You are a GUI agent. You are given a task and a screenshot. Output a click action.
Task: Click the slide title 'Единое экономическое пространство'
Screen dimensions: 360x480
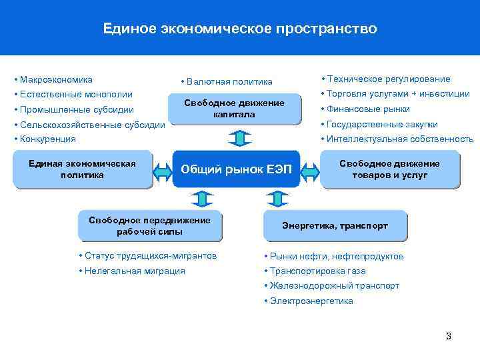[240, 29]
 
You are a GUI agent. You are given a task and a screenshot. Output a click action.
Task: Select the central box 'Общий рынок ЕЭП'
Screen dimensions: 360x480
[236, 169]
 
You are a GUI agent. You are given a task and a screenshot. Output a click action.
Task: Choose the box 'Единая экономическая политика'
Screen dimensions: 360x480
[82, 169]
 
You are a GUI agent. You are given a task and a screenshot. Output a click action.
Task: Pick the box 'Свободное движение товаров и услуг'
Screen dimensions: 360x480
[389, 169]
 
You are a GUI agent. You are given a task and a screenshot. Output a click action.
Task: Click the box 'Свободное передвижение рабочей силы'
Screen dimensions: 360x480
[149, 226]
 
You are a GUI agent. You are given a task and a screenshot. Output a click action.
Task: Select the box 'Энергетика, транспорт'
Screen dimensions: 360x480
[335, 226]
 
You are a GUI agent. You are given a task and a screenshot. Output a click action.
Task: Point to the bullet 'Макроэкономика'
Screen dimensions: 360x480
[56, 79]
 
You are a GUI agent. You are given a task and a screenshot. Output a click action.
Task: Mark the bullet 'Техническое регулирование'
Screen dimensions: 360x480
[387, 79]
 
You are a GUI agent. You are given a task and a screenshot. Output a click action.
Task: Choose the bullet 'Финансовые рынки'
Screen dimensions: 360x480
[367, 109]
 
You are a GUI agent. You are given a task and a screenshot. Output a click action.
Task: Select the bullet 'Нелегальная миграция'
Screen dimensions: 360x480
[134, 271]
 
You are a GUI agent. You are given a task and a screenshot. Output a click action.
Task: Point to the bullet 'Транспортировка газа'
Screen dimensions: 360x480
[317, 271]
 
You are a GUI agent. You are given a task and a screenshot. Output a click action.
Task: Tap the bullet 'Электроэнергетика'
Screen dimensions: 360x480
[311, 301]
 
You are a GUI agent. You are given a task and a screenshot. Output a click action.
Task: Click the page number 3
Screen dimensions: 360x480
[449, 336]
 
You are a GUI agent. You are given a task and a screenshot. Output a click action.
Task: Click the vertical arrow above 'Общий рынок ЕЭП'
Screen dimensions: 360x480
[237, 137]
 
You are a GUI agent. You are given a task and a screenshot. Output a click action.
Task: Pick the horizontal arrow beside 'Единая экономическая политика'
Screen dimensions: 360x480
[163, 169]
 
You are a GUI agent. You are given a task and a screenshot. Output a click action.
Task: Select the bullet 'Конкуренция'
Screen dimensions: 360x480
[47, 139]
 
